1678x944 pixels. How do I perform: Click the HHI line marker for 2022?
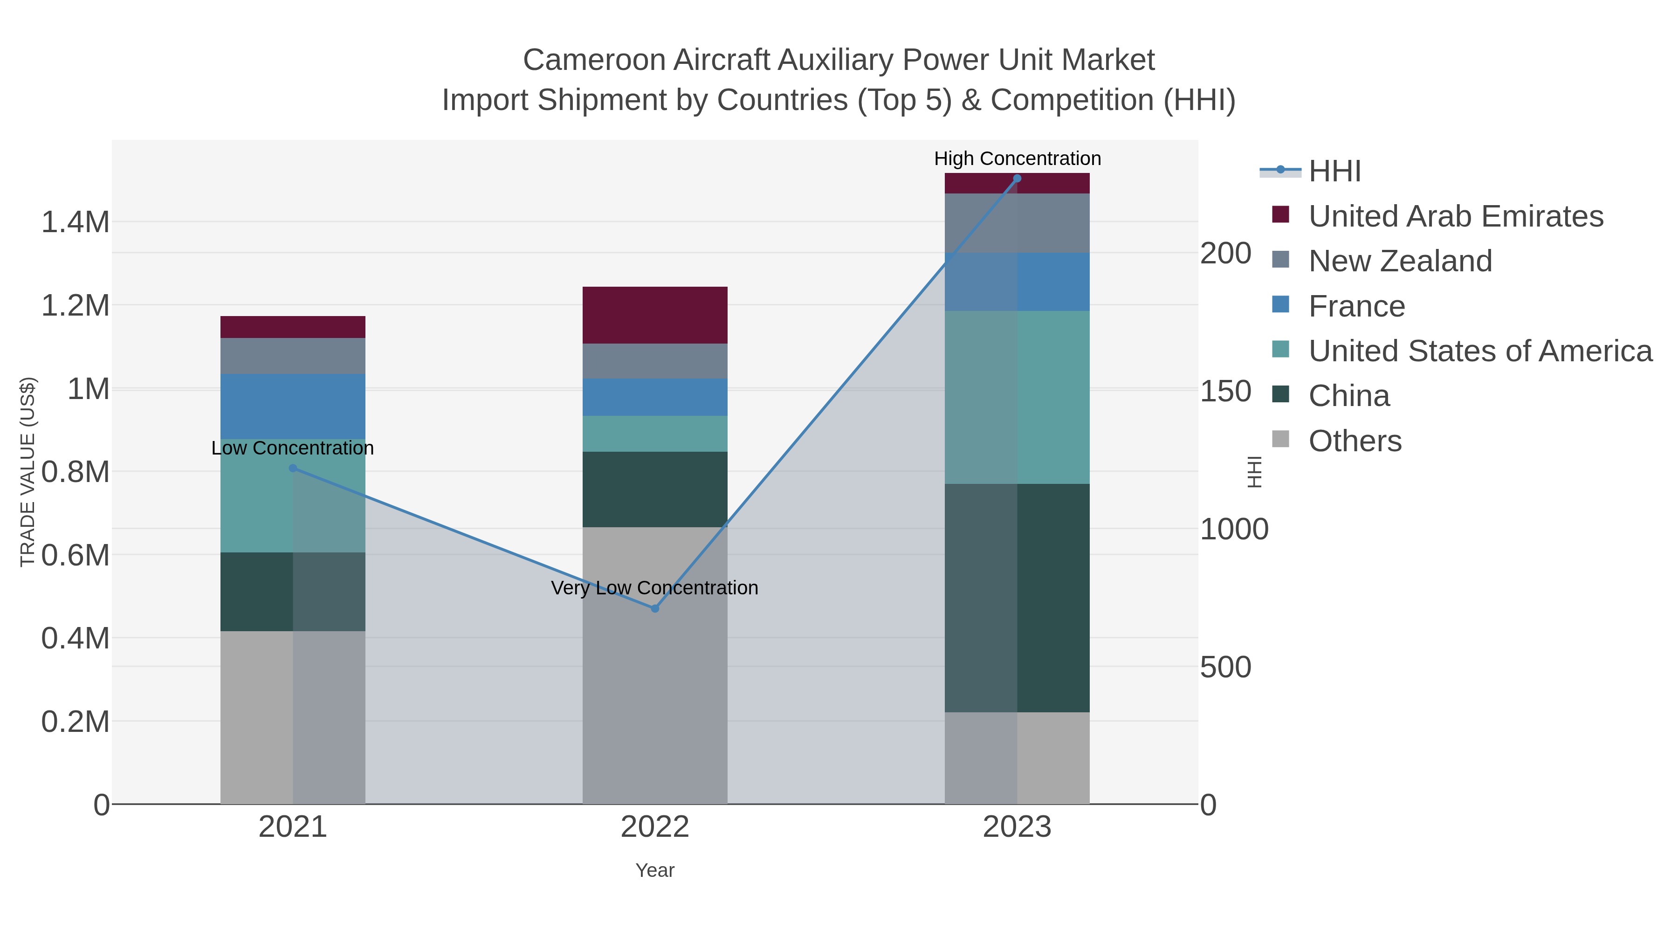[655, 608]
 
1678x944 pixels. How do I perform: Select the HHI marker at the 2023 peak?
[1017, 179]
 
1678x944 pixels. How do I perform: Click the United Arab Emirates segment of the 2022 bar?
[655, 315]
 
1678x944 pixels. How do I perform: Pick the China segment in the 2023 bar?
[1017, 598]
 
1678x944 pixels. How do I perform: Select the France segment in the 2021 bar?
[292, 407]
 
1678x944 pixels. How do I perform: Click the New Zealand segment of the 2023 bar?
[1017, 223]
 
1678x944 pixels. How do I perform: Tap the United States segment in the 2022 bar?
[655, 434]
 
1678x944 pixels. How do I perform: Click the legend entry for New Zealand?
[1400, 261]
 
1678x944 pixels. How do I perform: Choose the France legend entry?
[1356, 306]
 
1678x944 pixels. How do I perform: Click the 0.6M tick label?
[75, 556]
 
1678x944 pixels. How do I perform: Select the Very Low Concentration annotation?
[655, 588]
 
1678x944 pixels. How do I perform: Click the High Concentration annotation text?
[1017, 158]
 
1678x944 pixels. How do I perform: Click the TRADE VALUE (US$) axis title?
[28, 472]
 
